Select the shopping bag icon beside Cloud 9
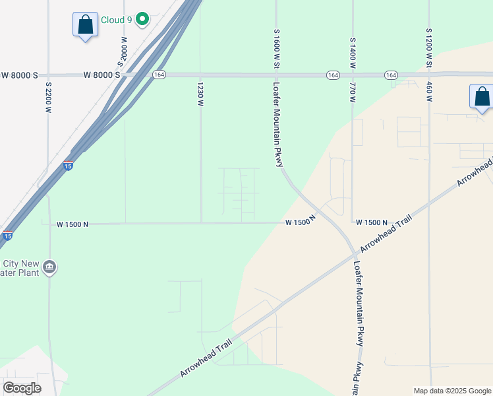85,25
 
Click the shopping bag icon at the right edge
482,96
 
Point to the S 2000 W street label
122,51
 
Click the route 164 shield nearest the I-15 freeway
159,75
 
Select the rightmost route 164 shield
391,75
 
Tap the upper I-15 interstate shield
69,165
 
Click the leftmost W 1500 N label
72,224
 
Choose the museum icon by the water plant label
49,267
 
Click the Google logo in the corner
22,388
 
